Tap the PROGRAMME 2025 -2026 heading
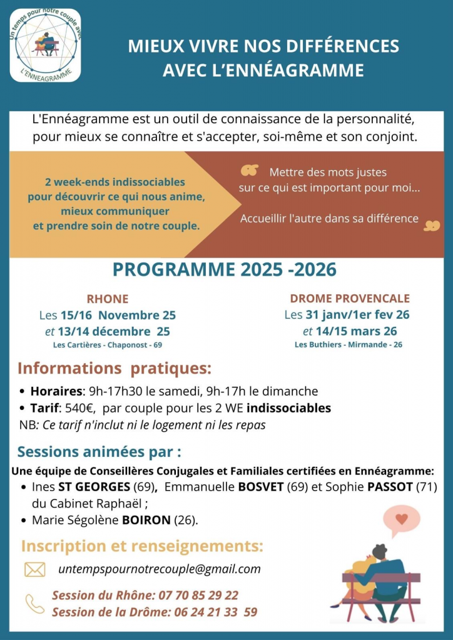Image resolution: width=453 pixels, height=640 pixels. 224,269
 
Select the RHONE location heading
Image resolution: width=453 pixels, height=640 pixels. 108,299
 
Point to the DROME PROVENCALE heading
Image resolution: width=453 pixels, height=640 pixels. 350,298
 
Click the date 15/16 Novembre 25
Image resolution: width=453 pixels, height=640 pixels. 118,315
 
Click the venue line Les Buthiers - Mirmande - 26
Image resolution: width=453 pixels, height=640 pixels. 349,344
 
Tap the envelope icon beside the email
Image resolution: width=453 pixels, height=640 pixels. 35,569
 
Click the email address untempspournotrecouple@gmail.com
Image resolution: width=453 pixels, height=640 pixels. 159,569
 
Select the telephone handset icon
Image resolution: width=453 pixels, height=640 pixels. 34,603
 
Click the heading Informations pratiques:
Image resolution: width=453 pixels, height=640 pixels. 114,368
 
